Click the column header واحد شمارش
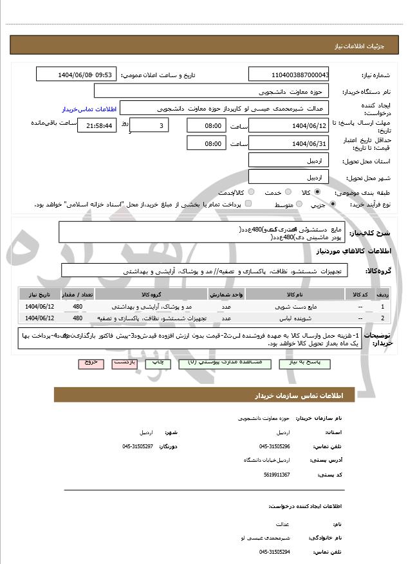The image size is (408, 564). coord(226,294)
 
